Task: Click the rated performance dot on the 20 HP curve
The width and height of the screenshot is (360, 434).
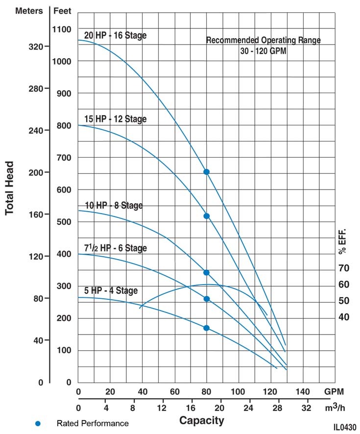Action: (206, 172)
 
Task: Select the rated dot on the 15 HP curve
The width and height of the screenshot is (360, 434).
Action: (206, 216)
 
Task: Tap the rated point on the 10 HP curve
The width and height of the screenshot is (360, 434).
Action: (206, 272)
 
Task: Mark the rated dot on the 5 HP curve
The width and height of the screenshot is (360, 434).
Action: (206, 328)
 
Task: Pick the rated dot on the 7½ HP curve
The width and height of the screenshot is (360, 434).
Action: (206, 299)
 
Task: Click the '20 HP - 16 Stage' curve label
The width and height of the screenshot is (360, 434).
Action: (115, 35)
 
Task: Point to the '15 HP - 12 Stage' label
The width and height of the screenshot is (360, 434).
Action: (115, 119)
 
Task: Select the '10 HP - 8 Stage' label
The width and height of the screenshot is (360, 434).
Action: (114, 205)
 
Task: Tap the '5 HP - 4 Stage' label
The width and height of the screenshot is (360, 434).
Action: (111, 290)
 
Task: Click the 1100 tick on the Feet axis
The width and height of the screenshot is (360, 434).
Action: (62, 29)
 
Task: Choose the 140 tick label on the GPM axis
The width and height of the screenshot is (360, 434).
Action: (303, 392)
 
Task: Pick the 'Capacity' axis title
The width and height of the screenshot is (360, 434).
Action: (201, 420)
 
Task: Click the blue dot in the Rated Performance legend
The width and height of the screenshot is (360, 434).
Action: (38, 423)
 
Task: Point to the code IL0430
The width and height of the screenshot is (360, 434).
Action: (345, 427)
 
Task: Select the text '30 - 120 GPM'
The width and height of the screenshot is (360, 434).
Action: (263, 50)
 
